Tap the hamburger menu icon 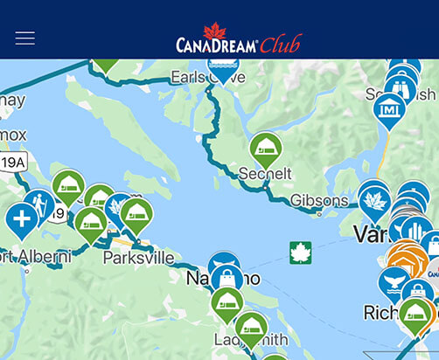click(24, 38)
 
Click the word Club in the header click(280, 44)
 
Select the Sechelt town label click(265, 174)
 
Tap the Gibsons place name click(319, 200)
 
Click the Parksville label click(138, 258)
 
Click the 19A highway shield click(13, 162)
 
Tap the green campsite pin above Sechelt click(266, 149)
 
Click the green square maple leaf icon click(301, 253)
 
